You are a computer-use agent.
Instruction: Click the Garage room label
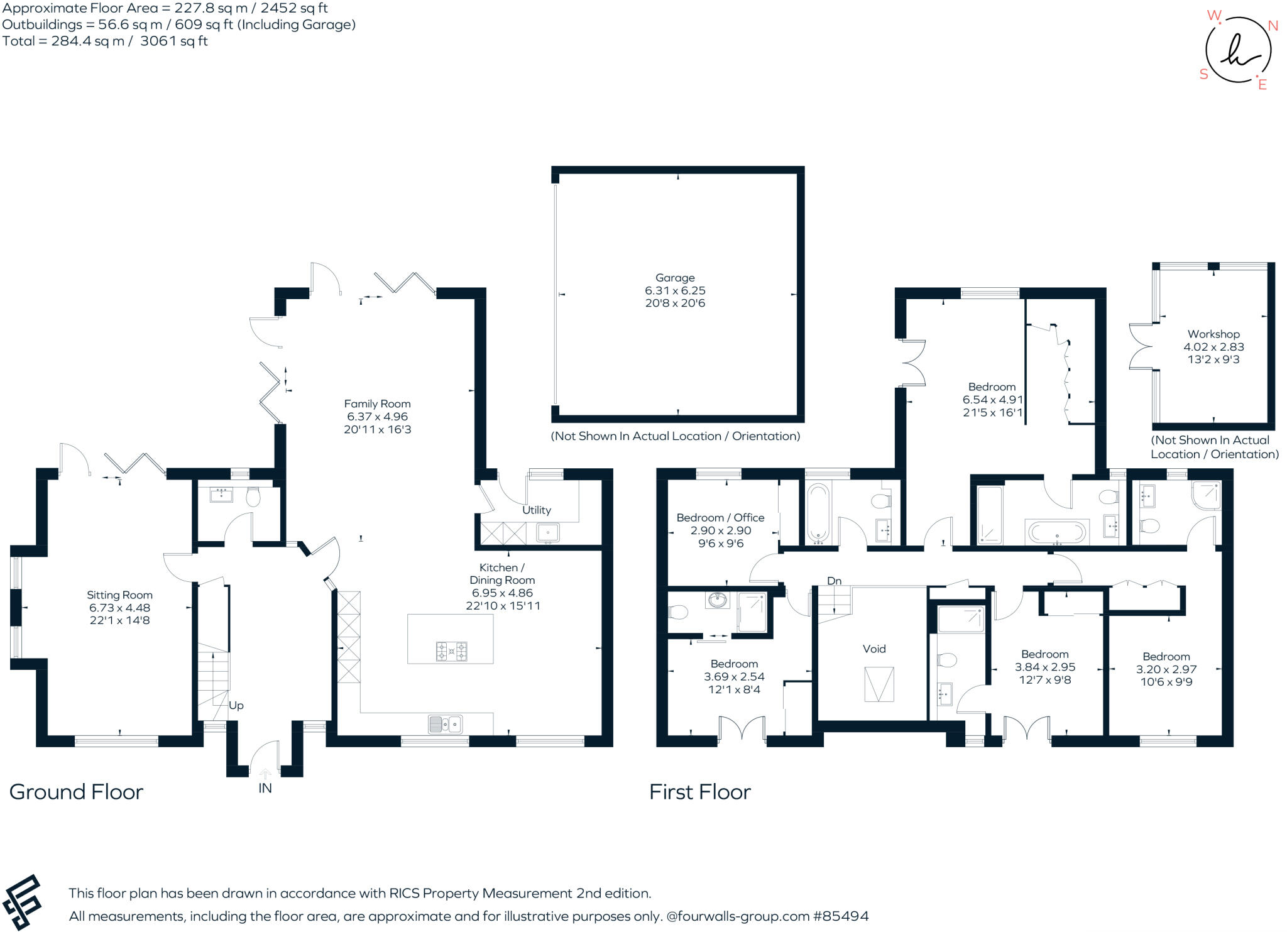675,278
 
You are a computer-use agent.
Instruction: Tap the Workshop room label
1213,334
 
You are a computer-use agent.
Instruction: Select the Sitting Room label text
119,595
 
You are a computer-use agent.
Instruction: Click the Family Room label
377,404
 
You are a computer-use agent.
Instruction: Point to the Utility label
536,510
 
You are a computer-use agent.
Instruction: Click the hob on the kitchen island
451,651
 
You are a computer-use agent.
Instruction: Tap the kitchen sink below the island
446,724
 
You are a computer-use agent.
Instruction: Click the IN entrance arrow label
265,788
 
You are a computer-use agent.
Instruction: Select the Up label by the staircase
236,705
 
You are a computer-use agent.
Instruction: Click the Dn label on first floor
834,581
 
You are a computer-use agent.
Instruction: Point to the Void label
874,649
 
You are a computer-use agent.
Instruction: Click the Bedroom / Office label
720,518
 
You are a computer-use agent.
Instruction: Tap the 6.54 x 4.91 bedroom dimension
992,400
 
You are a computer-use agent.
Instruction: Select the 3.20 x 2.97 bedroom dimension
1166,669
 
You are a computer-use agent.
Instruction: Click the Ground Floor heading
76,792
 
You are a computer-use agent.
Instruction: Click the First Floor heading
699,792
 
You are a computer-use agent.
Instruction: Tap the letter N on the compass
1273,26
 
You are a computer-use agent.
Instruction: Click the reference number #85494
840,916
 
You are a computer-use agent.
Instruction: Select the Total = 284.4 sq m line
105,41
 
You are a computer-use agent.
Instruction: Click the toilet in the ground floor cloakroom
253,498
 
